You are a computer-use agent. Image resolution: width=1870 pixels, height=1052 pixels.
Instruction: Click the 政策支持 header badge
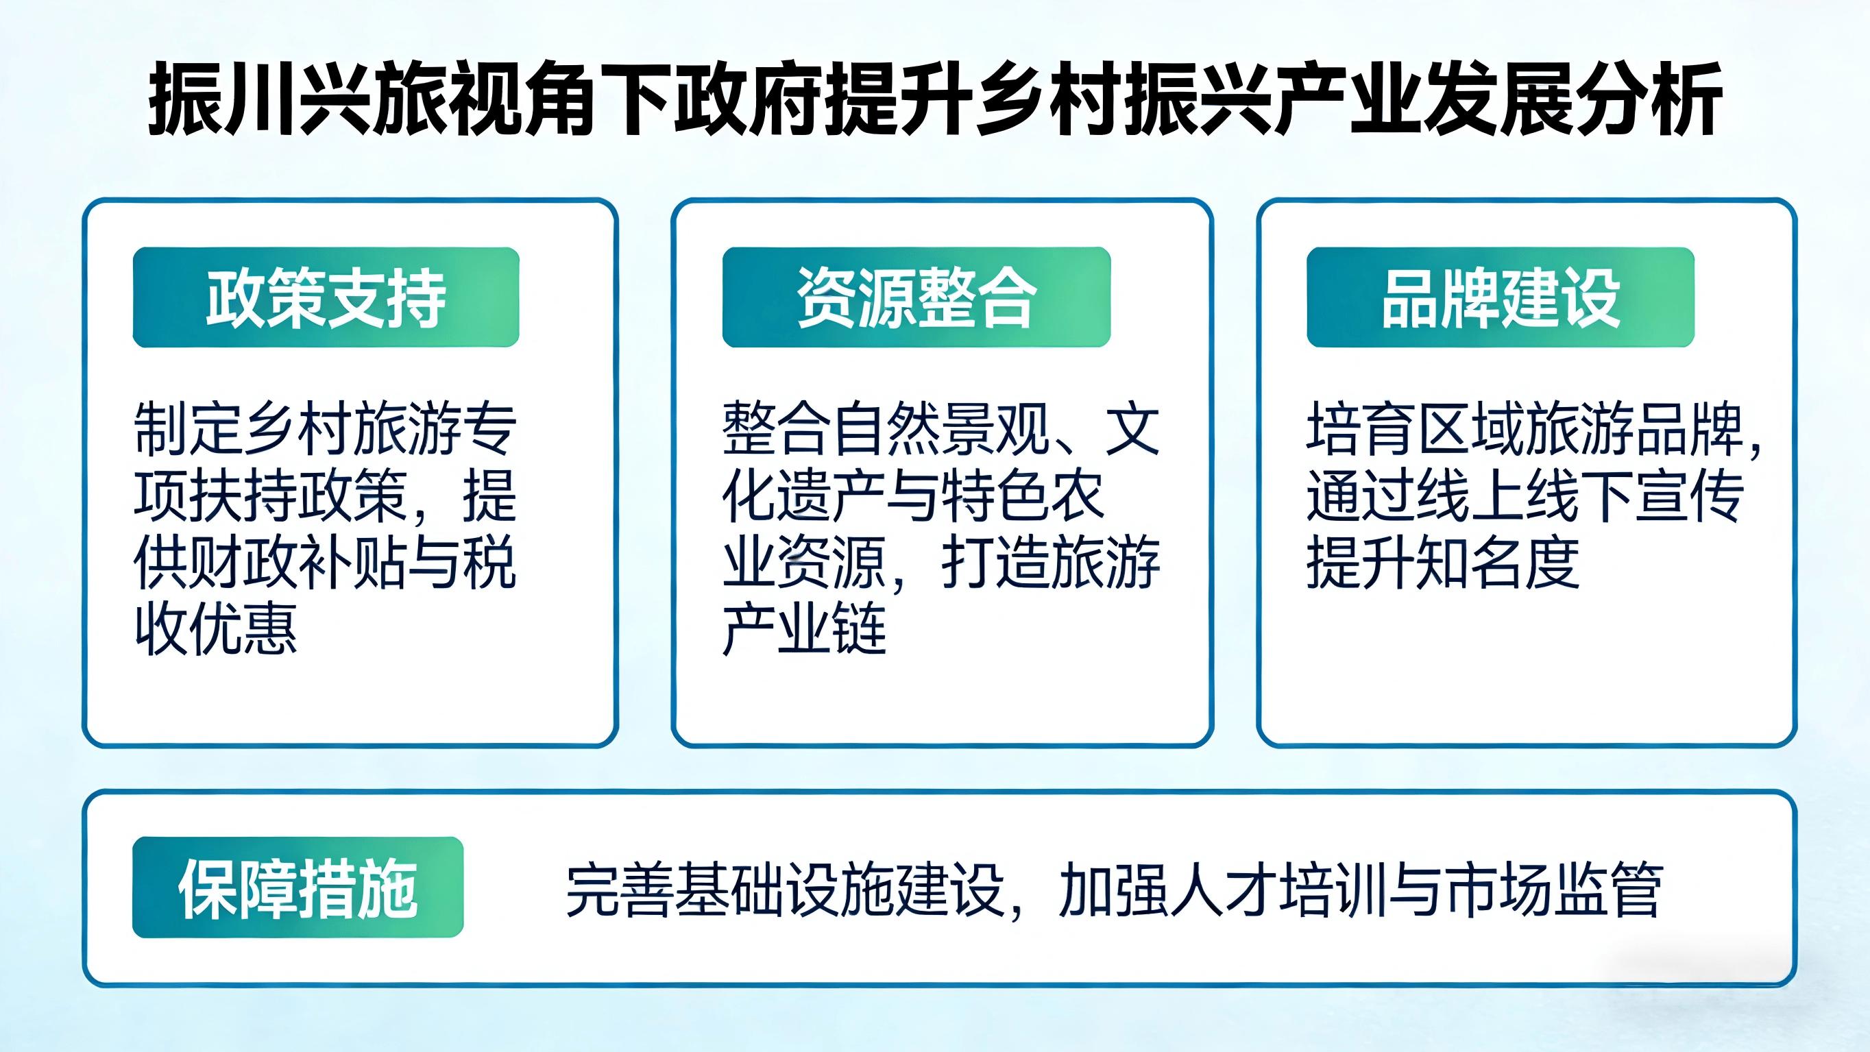326,297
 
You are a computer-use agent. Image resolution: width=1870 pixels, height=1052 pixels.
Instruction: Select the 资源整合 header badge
916,297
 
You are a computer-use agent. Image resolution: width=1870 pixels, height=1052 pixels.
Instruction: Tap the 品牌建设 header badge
1501,297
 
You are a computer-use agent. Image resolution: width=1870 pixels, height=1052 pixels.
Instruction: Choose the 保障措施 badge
297,888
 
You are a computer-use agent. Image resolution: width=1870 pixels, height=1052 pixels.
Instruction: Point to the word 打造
996,563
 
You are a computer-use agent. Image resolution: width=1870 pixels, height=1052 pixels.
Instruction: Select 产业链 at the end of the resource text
804,629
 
